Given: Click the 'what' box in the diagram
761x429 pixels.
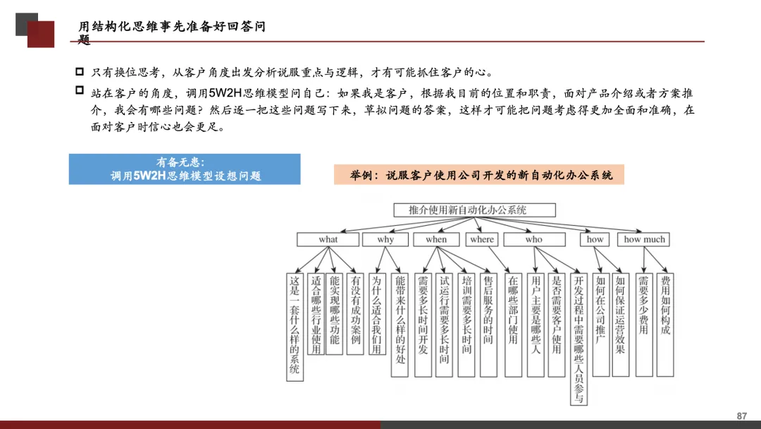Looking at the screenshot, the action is point(328,239).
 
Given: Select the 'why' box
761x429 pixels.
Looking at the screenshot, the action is point(385,239).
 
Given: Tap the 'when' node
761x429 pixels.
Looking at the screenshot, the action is point(436,239).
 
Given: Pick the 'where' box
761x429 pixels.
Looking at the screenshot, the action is point(482,239).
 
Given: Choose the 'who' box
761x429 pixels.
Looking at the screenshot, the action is point(533,239).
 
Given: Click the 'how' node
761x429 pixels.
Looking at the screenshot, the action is point(595,239).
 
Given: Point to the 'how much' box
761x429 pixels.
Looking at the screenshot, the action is point(644,239).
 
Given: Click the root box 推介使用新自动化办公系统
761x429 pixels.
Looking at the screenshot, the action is point(474,210).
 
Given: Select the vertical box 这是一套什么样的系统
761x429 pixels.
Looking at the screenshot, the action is point(295,326).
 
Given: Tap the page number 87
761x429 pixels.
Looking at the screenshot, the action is point(741,416).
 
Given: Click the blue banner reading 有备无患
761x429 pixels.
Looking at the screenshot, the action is point(185,169).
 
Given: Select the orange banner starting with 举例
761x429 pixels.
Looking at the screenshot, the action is point(478,175).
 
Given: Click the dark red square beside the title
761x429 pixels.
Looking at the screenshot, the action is point(41,35).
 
